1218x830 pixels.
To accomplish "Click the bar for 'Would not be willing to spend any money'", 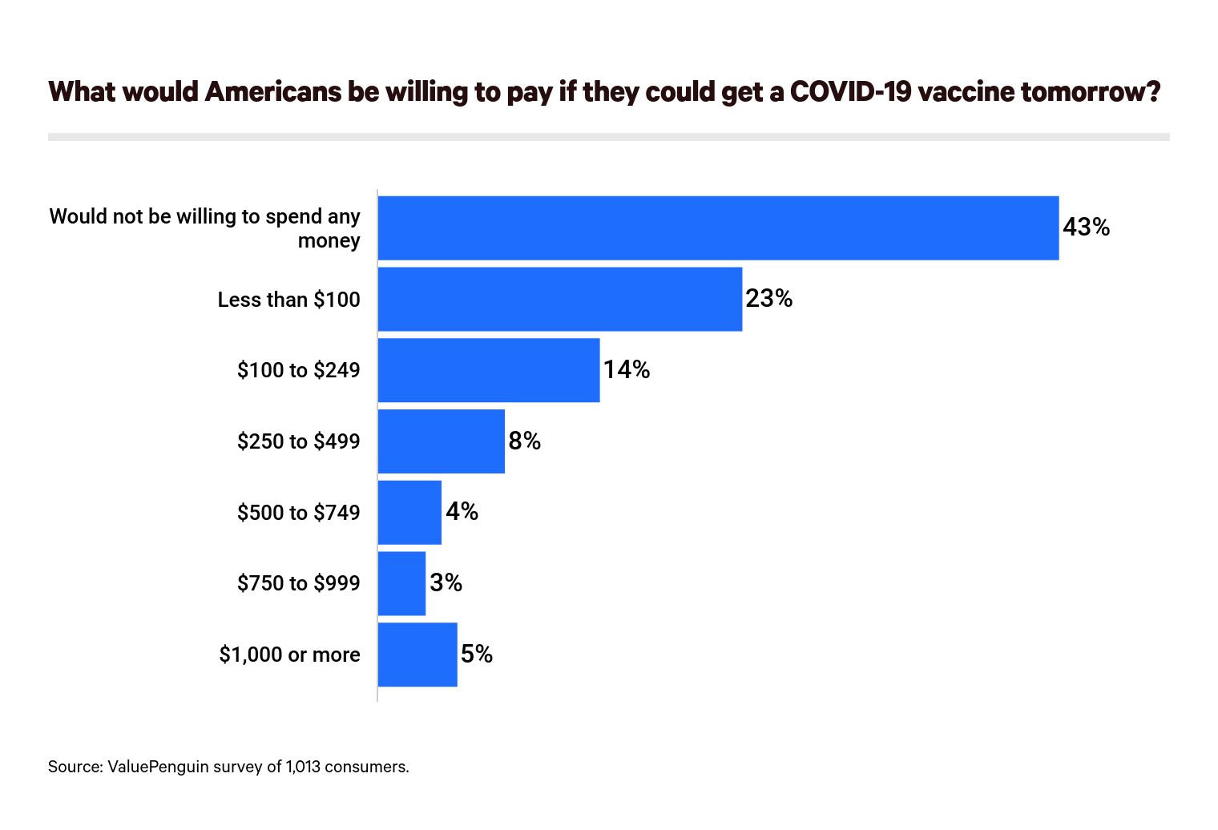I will pos(718,228).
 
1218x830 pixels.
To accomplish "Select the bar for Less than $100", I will pos(559,299).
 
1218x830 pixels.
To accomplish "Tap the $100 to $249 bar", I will pos(488,370).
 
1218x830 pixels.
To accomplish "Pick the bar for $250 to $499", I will pos(441,441).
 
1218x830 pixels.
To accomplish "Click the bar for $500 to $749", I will pos(409,513).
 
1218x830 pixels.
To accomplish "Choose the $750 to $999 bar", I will pos(401,583).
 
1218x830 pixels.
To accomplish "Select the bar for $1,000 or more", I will pos(417,655).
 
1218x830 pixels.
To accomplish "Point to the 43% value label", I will pos(1086,228).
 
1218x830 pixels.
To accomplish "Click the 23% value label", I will pos(768,299).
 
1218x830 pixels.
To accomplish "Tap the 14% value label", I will pos(626,369).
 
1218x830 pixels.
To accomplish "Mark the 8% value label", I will pos(524,441).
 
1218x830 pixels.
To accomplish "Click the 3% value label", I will pos(446,582).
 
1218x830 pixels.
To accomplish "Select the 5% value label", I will pos(476,655).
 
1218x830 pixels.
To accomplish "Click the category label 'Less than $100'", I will pos(288,300).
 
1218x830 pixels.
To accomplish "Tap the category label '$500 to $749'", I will pos(298,513).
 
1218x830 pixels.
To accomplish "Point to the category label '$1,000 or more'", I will pos(289,655).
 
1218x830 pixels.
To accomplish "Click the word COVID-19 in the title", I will pos(850,92).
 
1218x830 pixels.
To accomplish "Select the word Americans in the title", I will pos(272,92).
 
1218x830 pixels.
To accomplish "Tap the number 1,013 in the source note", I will pos(303,767).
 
